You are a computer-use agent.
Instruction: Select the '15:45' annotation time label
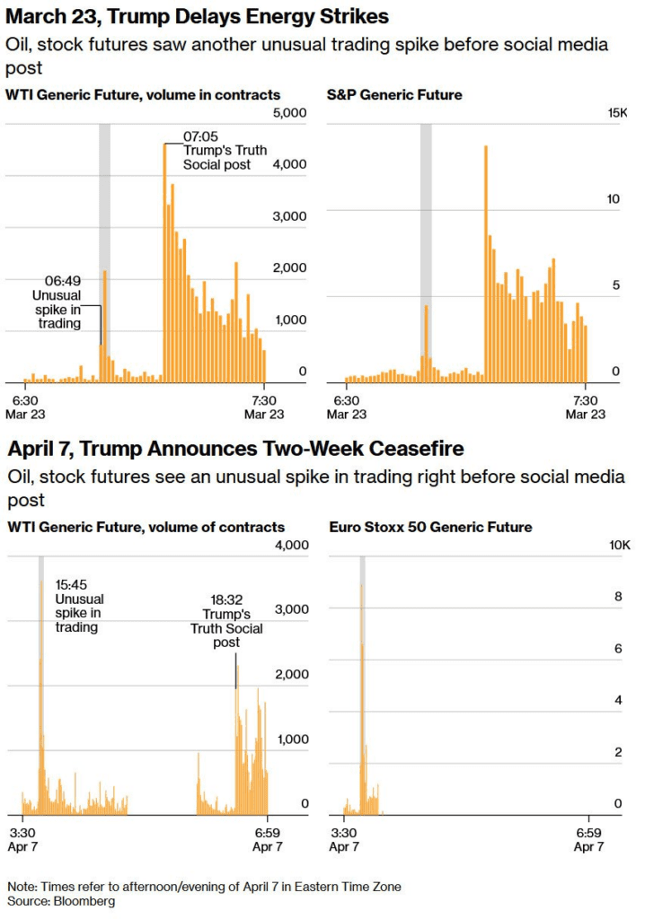[72, 584]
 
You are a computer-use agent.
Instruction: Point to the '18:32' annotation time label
[220, 600]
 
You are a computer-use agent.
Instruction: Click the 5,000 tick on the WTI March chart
[289, 112]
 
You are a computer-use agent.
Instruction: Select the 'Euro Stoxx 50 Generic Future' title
[431, 527]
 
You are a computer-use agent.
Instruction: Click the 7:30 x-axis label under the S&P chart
[585, 400]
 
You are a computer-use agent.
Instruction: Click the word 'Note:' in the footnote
[22, 886]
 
